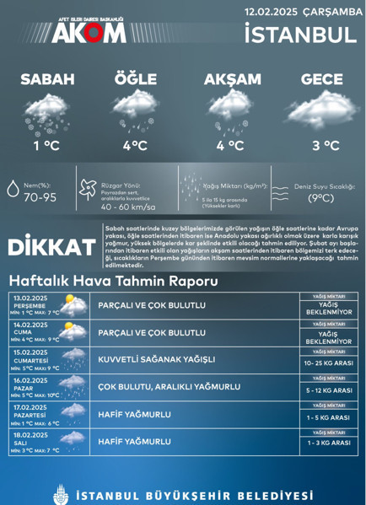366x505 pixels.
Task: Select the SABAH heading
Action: [x=47, y=79]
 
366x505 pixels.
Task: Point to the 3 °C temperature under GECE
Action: [x=326, y=145]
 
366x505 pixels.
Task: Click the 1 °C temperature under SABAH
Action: [x=47, y=145]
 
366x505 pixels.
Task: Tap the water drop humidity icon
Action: [x=13, y=189]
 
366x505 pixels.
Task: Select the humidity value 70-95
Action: [x=40, y=198]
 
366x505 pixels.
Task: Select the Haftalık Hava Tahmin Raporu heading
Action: [x=112, y=280]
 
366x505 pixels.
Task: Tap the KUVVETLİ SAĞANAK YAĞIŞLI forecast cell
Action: [x=155, y=359]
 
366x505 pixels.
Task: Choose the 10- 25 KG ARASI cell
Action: [x=328, y=363]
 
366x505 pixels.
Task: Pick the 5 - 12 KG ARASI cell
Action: [x=328, y=390]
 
